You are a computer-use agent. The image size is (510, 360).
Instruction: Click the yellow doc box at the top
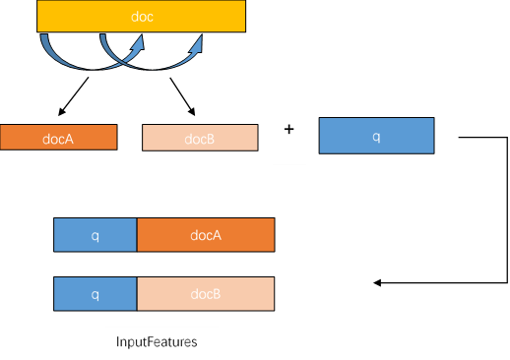coord(141,16)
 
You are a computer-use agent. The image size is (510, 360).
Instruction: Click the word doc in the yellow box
coord(142,17)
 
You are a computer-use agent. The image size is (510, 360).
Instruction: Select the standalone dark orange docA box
coord(58,137)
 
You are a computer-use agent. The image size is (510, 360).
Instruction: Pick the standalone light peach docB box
coord(200,138)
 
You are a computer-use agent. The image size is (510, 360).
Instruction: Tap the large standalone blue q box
coord(376,136)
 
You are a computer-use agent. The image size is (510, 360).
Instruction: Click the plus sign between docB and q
coord(288,129)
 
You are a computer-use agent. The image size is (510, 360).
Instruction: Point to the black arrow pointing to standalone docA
coord(73,96)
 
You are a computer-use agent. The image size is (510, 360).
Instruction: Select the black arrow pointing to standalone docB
coord(182,96)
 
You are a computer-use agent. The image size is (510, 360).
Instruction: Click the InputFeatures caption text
coord(157,341)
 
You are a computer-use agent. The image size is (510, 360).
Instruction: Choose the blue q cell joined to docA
coord(96,235)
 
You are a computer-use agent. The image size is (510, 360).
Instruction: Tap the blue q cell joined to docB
coord(96,294)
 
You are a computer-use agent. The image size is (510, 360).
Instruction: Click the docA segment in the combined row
coord(206,235)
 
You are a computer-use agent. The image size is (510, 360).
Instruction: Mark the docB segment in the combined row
coord(206,294)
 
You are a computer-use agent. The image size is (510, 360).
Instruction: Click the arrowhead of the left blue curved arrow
coord(138,43)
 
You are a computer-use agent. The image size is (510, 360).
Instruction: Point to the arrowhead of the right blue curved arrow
coord(196,44)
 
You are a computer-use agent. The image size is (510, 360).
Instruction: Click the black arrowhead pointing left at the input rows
coord(377,282)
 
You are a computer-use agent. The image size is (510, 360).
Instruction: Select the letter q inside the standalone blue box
coord(376,136)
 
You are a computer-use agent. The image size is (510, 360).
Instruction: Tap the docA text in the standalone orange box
coord(58,139)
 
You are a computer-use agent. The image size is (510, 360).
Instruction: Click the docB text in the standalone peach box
coord(199,139)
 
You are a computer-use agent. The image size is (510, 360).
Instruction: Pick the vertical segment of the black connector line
coord(507,210)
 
